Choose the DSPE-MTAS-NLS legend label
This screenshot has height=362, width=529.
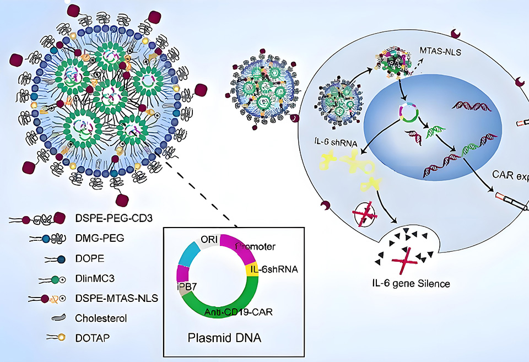110,298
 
